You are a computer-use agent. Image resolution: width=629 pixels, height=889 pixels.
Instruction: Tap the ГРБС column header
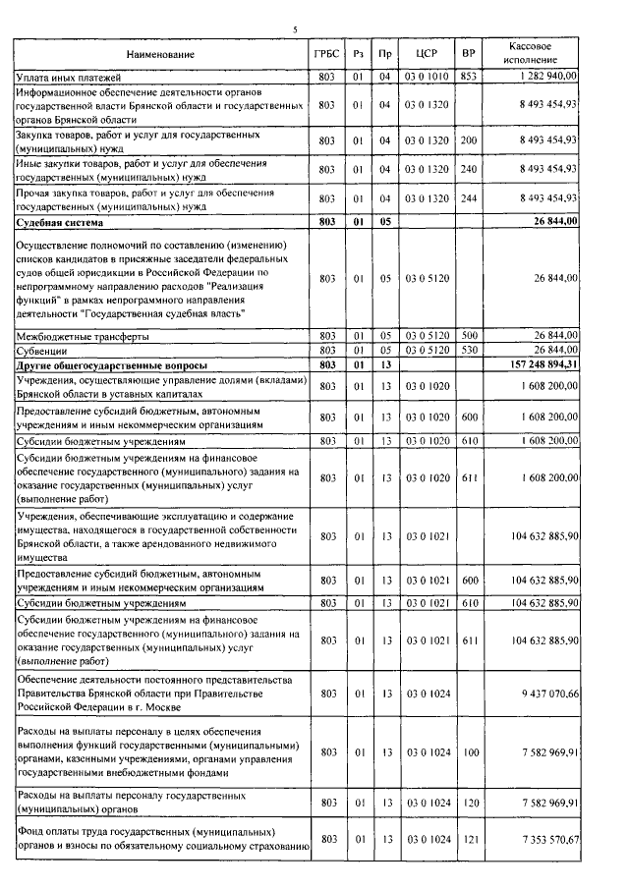coord(326,53)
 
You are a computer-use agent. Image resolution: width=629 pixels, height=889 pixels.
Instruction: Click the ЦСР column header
coord(426,53)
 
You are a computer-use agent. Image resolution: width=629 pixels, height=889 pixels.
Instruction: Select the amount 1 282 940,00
coord(544,75)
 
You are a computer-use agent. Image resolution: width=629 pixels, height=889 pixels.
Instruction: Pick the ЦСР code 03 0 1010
coord(426,75)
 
